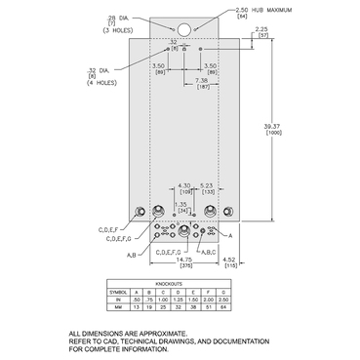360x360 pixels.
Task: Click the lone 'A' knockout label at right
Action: click(230, 235)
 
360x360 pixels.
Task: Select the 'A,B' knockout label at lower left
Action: click(103, 255)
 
